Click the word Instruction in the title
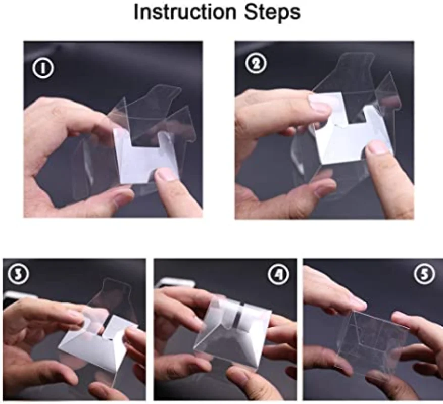[x=185, y=12]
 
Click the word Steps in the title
[x=272, y=13]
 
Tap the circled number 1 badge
[x=43, y=68]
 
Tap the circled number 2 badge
[x=256, y=63]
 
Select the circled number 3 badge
[x=18, y=275]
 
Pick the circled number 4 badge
[x=279, y=275]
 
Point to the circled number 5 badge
[x=425, y=274]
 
